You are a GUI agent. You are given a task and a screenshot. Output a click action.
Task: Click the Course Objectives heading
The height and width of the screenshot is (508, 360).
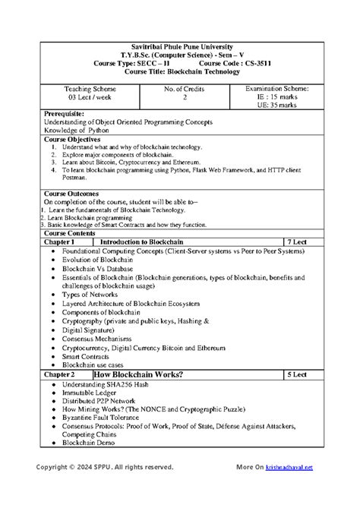(72, 140)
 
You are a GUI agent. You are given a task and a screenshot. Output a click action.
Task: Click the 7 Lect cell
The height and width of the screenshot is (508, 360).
(298, 241)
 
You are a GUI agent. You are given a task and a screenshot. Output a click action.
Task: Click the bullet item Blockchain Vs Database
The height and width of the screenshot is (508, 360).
(96, 268)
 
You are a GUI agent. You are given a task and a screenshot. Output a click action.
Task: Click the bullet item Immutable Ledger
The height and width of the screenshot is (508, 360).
(92, 393)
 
